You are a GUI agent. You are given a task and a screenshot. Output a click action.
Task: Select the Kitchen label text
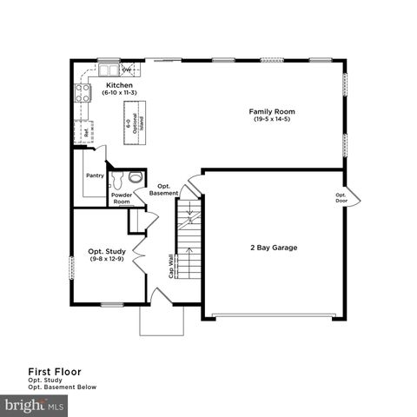[x=119, y=85]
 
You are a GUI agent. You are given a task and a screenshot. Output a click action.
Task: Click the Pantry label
[x=96, y=175]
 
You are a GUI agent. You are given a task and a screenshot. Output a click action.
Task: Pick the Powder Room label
[x=122, y=198]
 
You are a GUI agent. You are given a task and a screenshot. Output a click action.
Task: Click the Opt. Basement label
[x=163, y=189]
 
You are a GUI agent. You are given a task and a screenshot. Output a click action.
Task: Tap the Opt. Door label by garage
[x=341, y=197]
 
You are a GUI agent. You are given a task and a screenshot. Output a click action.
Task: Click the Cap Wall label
[x=171, y=265]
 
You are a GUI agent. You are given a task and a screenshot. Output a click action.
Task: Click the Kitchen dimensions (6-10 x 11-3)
[x=119, y=93]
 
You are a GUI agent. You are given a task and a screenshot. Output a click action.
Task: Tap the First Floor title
[x=54, y=371]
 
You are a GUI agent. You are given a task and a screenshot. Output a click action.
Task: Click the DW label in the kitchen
[x=126, y=69]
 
